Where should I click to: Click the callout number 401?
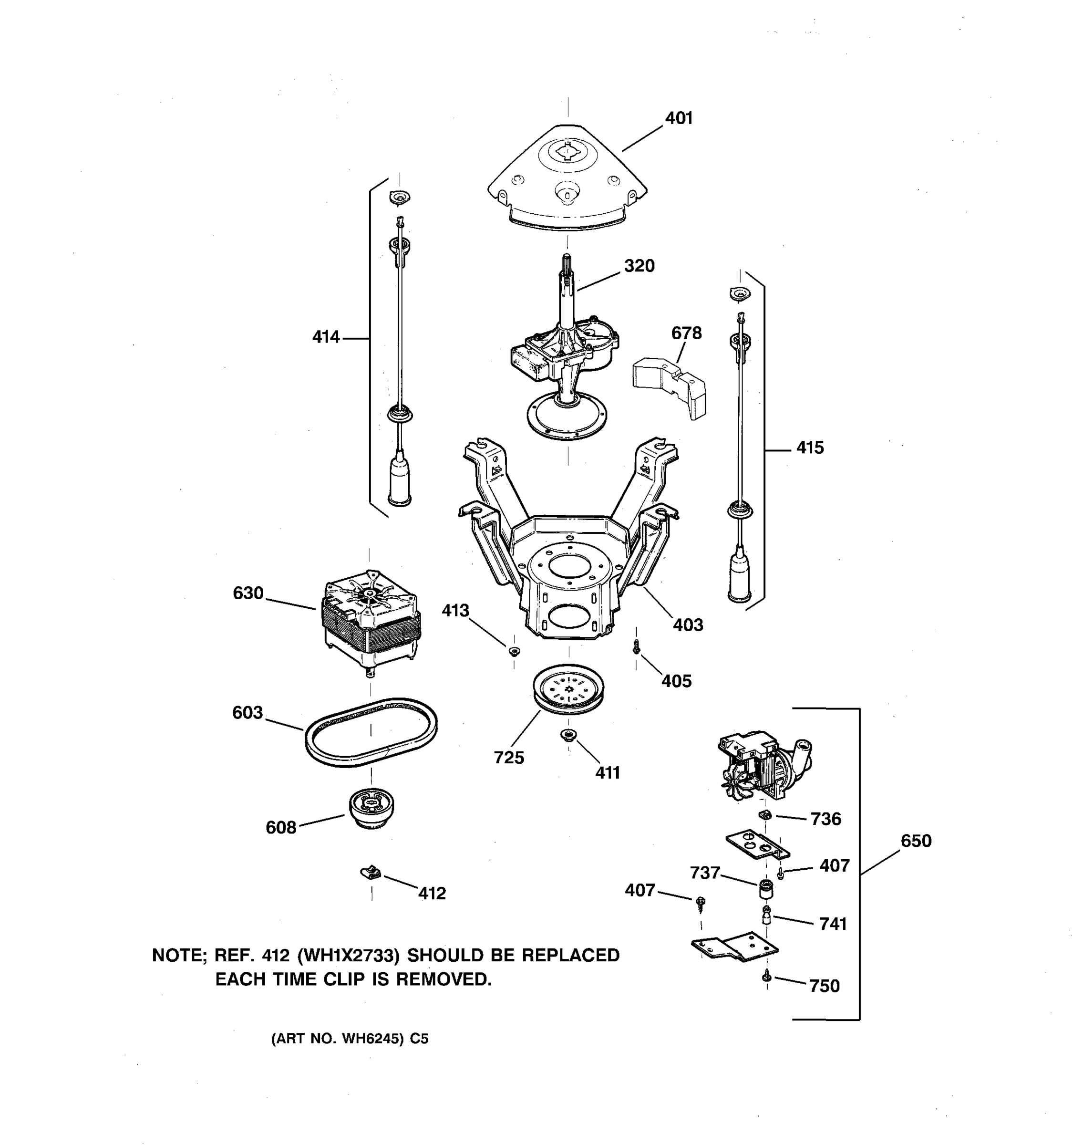[x=679, y=118]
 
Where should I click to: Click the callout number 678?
[x=686, y=333]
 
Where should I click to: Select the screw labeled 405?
[x=637, y=647]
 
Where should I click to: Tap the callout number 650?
[x=915, y=841]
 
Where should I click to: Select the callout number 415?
[x=809, y=448]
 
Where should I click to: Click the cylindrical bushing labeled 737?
[x=765, y=889]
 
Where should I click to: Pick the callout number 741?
[x=832, y=924]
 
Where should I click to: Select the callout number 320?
[x=639, y=266]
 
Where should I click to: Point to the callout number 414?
[x=326, y=337]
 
